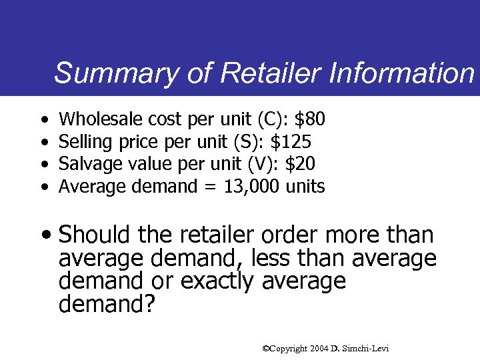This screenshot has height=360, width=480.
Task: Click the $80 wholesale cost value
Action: [x=310, y=120]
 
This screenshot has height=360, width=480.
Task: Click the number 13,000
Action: [x=243, y=187]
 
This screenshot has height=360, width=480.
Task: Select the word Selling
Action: [x=83, y=142]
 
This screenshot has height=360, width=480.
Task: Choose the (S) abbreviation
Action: [x=245, y=142]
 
